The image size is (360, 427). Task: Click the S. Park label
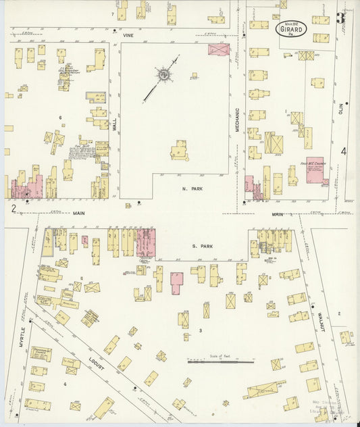pyautogui.click(x=204, y=247)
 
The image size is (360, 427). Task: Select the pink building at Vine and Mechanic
pyautogui.click(x=219, y=49)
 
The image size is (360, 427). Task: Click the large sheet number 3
pyautogui.click(x=340, y=18)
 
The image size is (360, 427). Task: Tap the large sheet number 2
pyautogui.click(x=13, y=208)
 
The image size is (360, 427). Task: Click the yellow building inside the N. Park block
pyautogui.click(x=180, y=150)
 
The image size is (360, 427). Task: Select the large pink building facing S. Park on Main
pyautogui.click(x=146, y=242)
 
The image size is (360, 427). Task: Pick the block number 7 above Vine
pyautogui.click(x=112, y=14)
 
